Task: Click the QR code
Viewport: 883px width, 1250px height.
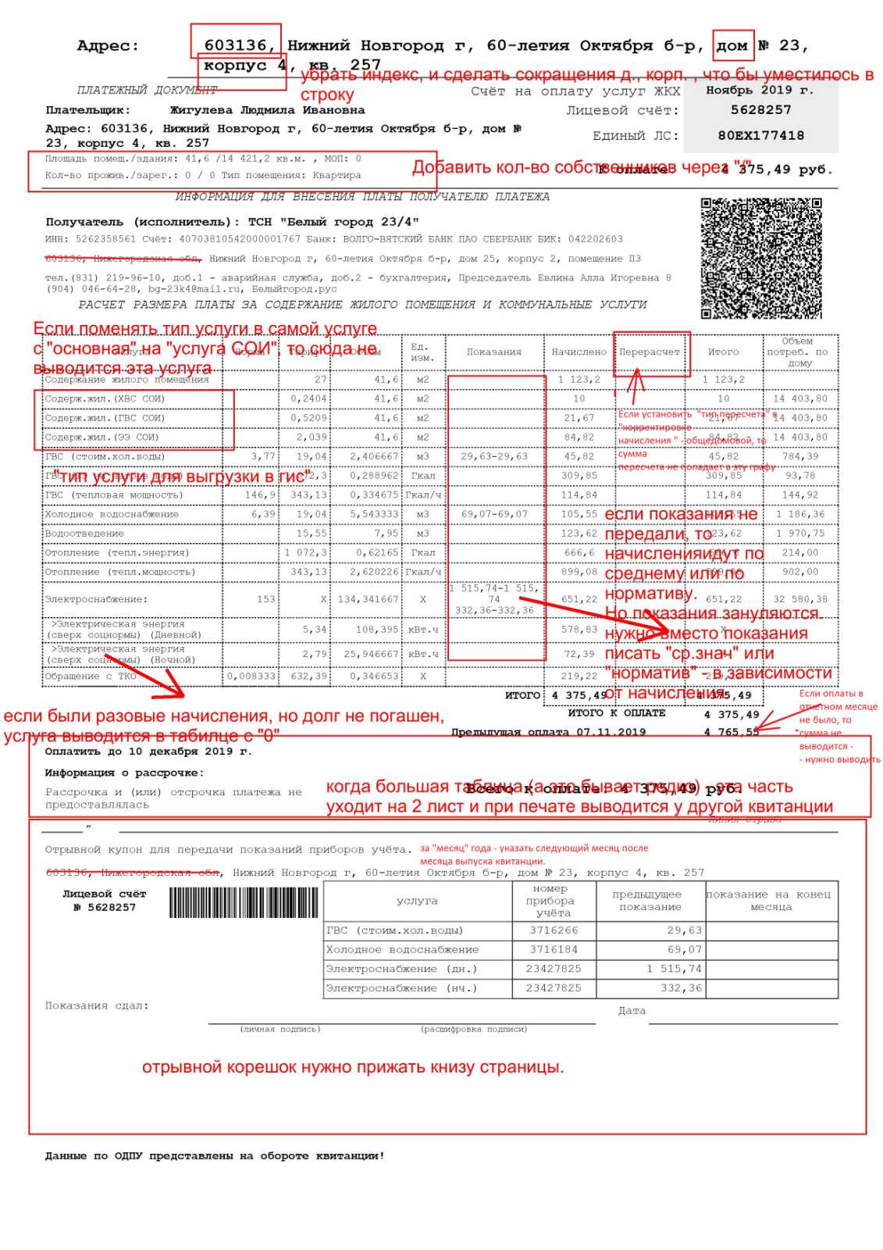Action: [x=761, y=259]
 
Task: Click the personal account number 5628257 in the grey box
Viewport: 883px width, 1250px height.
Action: [x=760, y=110]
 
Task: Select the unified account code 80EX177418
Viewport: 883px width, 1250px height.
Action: [x=760, y=136]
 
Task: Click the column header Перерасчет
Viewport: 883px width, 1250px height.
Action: [x=650, y=352]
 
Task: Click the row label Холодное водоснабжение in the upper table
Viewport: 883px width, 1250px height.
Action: [x=112, y=514]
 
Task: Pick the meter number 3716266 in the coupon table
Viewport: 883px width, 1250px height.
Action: [x=554, y=930]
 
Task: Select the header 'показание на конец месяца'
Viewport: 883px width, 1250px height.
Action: [x=771, y=900]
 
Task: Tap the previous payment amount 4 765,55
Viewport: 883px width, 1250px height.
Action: [x=731, y=732]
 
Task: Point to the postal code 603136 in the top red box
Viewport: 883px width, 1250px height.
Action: [x=236, y=45]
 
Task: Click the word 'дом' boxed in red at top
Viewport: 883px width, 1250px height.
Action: [x=732, y=45]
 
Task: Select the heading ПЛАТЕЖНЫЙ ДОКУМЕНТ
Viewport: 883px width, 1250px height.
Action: [x=147, y=90]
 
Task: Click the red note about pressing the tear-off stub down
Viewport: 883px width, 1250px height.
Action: [x=353, y=1067]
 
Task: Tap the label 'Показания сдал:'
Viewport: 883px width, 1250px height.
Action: [x=97, y=1005]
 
